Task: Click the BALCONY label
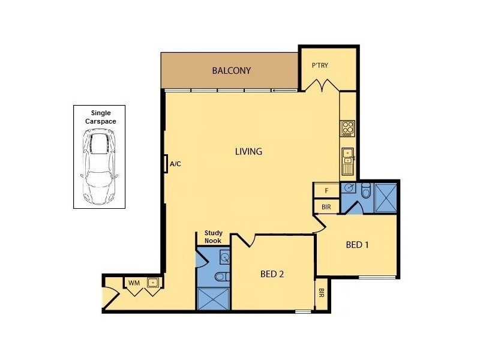(x=231, y=71)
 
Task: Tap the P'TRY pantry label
(x=319, y=66)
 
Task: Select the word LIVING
(x=248, y=152)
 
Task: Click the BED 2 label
(x=272, y=274)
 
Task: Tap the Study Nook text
(x=213, y=237)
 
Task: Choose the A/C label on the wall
(x=176, y=163)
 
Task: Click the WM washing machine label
(x=133, y=283)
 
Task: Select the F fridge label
(x=326, y=191)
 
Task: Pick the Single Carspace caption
(x=99, y=116)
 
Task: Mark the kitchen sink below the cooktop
(x=348, y=160)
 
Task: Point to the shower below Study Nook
(x=214, y=298)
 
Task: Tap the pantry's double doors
(x=319, y=85)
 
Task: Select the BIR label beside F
(x=326, y=206)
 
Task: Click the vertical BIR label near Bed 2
(x=322, y=293)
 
